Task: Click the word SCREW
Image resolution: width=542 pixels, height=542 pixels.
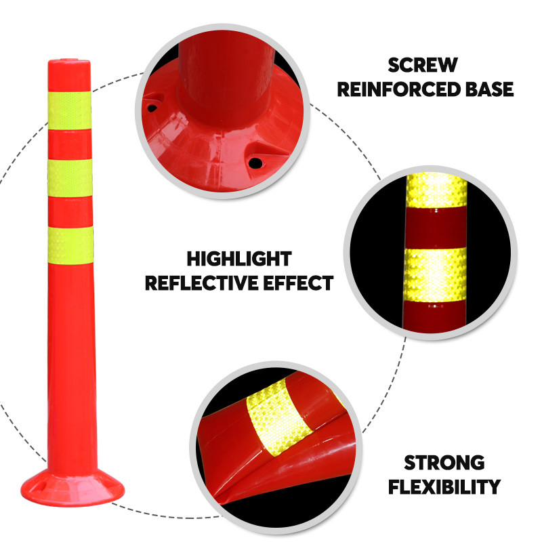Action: [x=423, y=65]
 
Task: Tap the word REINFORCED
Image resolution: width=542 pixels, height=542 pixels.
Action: [x=399, y=89]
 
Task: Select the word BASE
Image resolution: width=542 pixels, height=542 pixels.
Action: [x=489, y=89]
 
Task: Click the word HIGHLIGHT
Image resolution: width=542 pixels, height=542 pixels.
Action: [x=239, y=259]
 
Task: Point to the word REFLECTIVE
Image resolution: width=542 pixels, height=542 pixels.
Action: [x=202, y=283]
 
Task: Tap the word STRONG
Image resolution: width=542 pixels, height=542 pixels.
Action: [x=444, y=463]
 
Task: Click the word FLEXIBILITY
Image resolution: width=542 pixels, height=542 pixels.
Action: [x=444, y=486]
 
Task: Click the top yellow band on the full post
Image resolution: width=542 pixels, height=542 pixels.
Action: [x=70, y=110]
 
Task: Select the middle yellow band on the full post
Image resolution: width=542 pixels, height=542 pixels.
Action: [x=70, y=178]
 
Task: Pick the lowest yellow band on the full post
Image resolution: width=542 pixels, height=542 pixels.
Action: [x=70, y=245]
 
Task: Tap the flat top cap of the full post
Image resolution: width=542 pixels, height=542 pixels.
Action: [x=69, y=62]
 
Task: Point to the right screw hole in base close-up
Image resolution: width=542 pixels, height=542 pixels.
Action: [x=256, y=163]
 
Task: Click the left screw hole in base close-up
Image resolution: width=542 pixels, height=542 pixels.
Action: [x=152, y=108]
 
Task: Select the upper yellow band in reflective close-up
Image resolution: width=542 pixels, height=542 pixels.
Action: [x=436, y=190]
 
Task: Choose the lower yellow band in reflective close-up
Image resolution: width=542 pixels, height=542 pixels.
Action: [x=435, y=275]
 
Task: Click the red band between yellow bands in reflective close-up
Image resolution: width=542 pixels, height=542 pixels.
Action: [x=436, y=228]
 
